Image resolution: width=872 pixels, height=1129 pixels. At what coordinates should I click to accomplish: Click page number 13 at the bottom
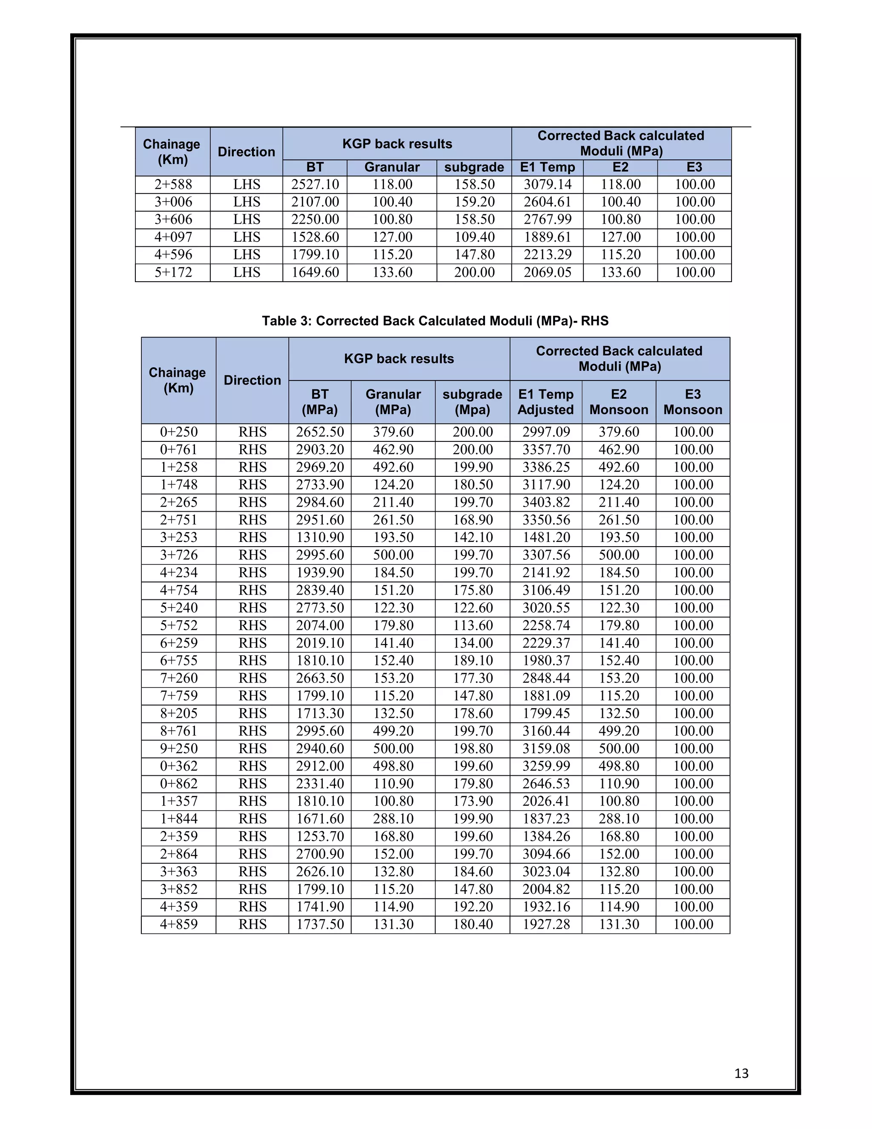click(741, 1073)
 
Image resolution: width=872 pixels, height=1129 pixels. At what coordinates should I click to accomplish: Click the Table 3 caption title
click(435, 321)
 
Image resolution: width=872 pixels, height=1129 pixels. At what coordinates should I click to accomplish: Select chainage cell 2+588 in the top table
click(173, 184)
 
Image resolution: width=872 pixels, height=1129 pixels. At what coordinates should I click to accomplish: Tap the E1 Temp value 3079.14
click(547, 184)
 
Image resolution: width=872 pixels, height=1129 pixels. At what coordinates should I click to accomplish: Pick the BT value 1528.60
click(315, 237)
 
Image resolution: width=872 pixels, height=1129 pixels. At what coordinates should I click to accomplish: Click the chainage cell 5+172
click(173, 272)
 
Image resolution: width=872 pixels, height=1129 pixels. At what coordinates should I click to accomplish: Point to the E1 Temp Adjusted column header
click(545, 402)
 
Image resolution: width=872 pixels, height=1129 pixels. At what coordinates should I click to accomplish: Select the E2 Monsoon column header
click(618, 402)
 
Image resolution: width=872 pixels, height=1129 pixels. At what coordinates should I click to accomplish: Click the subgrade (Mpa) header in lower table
click(472, 402)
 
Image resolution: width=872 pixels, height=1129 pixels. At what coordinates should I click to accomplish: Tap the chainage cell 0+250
click(178, 432)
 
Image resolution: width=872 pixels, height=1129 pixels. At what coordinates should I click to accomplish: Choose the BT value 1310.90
click(319, 538)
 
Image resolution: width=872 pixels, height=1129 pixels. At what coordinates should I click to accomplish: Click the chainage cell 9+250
click(178, 749)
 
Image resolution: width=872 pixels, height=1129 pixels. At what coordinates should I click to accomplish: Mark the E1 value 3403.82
click(545, 502)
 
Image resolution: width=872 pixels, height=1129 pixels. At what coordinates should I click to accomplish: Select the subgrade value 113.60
click(472, 625)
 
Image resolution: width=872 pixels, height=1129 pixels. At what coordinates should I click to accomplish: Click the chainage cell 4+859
click(178, 925)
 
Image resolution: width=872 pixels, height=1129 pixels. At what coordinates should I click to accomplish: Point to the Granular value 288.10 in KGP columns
click(393, 819)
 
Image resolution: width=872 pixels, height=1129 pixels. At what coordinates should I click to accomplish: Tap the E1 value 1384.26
click(545, 836)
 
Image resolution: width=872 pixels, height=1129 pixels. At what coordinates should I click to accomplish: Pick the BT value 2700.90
click(319, 854)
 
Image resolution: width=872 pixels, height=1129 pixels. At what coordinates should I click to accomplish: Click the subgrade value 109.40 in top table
click(474, 237)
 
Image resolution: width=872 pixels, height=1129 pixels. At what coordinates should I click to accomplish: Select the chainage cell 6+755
click(178, 661)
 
